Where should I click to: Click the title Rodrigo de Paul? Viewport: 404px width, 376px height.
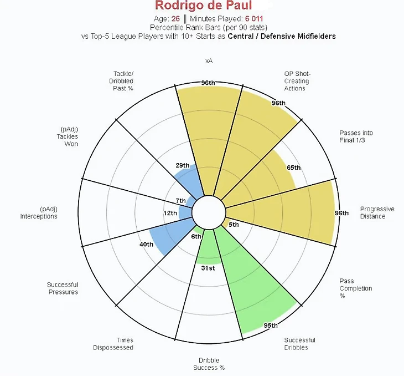tap(203, 6)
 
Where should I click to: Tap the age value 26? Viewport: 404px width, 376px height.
tap(175, 18)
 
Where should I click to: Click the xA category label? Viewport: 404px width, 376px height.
tap(208, 59)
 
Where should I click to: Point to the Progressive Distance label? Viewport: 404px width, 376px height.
tap(377, 213)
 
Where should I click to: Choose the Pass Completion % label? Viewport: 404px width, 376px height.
tap(355, 288)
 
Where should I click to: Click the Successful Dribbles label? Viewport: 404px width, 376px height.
tap(299, 344)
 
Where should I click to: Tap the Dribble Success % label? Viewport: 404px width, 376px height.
tap(209, 364)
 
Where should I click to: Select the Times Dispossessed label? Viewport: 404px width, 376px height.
tap(117, 344)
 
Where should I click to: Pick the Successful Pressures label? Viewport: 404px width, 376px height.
tap(62, 288)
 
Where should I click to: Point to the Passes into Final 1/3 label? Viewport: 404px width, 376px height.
tap(355, 136)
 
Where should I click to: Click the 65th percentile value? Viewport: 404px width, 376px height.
tap(293, 167)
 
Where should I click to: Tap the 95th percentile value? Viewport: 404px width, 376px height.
tap(271, 326)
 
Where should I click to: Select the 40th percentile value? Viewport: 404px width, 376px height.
tap(146, 244)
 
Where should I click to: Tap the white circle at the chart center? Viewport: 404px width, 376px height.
tap(208, 212)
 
